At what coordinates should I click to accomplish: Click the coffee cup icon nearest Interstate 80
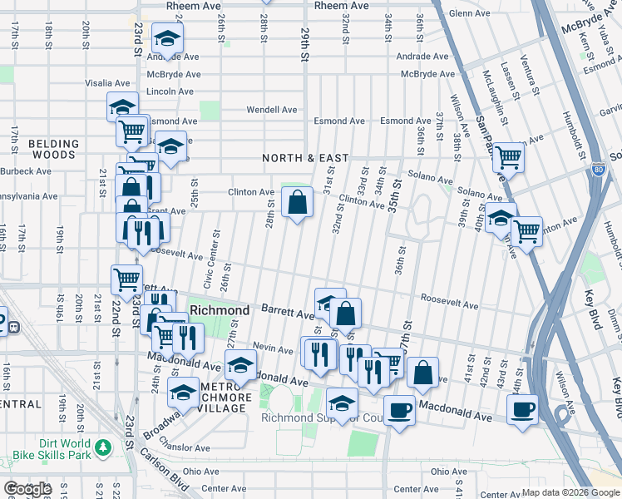pos(522,409)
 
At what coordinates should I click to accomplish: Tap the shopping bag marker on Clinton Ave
pos(297,201)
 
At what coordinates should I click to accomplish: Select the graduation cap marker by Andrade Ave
pos(168,39)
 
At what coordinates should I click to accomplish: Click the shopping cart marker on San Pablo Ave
pos(507,156)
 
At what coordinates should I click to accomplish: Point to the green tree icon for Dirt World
pos(103,448)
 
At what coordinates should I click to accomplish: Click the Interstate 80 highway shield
pos(599,170)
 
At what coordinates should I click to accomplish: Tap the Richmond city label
pos(220,310)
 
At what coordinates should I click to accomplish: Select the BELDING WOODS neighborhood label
pos(53,149)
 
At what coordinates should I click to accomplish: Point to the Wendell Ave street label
pos(271,110)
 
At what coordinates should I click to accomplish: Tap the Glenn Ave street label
pos(470,14)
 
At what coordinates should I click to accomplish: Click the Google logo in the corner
pos(27,489)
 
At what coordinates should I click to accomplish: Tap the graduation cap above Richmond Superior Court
pos(341,404)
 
